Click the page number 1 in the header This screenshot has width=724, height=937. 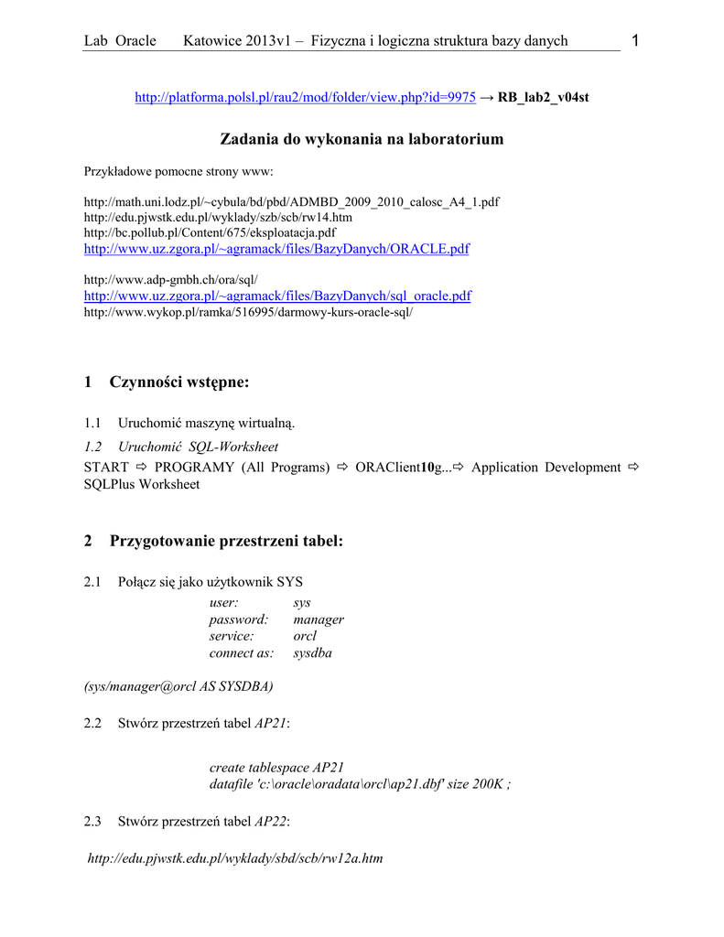[634, 39]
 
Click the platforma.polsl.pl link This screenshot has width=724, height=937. [305, 97]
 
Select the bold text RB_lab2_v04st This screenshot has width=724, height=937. [543, 97]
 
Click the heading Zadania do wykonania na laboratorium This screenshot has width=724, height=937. [362, 139]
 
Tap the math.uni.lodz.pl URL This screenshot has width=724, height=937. [291, 201]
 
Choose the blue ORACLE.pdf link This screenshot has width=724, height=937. [276, 249]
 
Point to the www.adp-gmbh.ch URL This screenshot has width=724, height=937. [171, 279]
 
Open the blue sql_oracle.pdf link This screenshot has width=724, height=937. [277, 296]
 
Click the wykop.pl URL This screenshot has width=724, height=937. [248, 312]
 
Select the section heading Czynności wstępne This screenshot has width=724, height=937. [178, 382]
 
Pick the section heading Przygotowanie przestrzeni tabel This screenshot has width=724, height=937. [226, 541]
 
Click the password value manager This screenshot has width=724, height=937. [318, 619]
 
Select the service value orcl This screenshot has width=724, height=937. [305, 636]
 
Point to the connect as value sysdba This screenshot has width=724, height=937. [312, 652]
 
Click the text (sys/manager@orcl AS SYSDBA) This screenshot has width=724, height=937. [178, 684]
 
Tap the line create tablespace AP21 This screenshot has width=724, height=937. [276, 768]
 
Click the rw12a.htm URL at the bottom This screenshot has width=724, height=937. [234, 858]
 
